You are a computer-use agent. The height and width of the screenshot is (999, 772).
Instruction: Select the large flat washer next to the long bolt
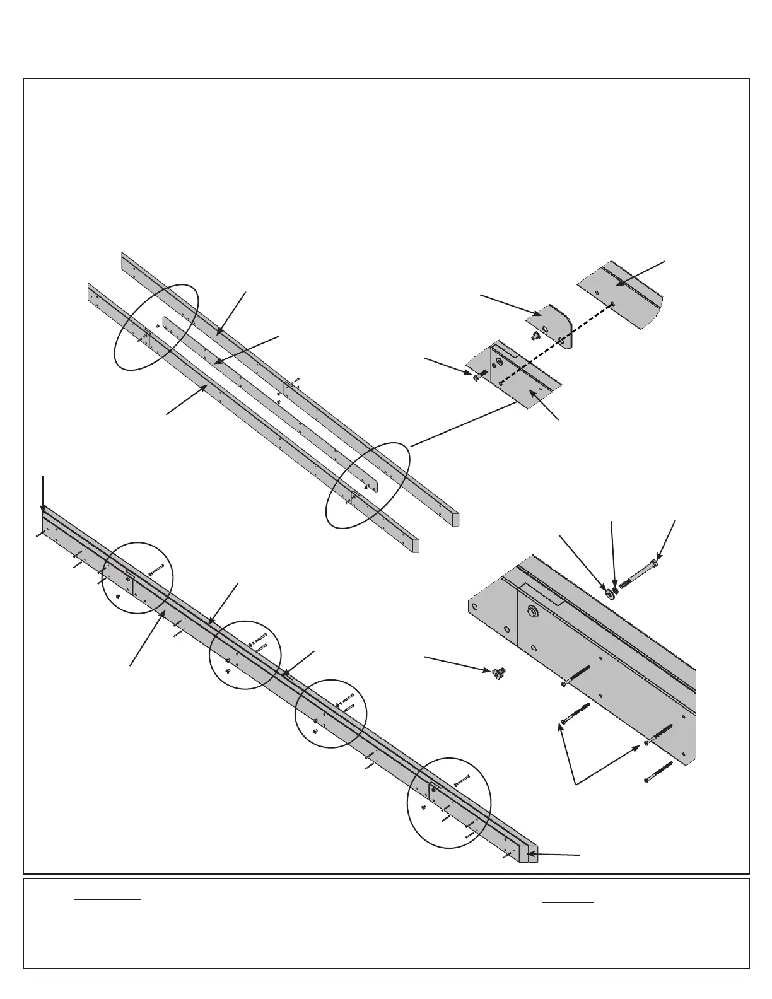point(609,593)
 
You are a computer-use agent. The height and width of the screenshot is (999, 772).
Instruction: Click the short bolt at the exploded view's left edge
point(477,376)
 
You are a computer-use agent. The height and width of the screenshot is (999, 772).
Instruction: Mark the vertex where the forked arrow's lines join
point(575,784)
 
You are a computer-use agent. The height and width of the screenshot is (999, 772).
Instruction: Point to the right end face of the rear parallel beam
point(456,519)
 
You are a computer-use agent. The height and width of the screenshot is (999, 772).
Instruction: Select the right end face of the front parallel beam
point(416,546)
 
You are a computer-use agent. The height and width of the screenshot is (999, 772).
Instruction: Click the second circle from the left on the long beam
point(245,654)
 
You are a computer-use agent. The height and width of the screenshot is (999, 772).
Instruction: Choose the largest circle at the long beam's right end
point(448,802)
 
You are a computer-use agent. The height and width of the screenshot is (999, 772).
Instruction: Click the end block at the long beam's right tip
point(532,853)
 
